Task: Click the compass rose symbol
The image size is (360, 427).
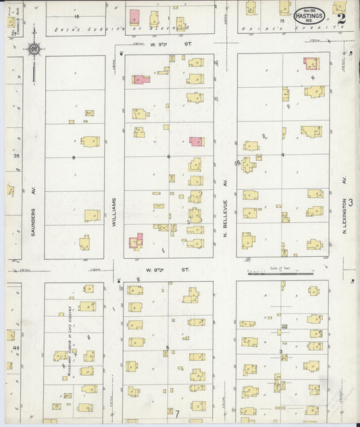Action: pyautogui.click(x=33, y=49)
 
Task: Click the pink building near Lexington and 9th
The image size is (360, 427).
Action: pyautogui.click(x=311, y=64)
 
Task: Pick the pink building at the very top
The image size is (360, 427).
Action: pyautogui.click(x=134, y=18)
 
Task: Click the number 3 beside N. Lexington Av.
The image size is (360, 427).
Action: pyautogui.click(x=351, y=201)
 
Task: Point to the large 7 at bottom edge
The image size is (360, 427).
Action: pyautogui.click(x=178, y=413)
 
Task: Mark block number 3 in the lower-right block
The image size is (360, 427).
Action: pyautogui.click(x=280, y=351)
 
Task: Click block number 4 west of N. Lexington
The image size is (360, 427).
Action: pyautogui.click(x=282, y=155)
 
